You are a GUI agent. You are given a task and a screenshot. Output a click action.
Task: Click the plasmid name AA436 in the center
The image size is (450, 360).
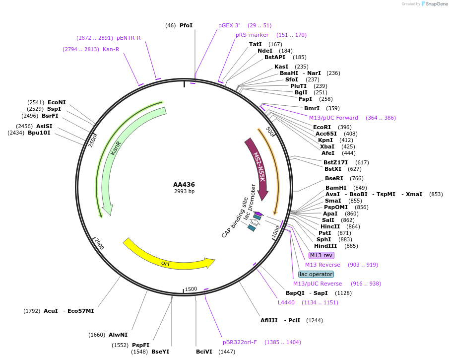[184, 185]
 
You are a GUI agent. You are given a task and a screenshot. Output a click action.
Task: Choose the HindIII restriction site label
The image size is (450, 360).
[325, 246]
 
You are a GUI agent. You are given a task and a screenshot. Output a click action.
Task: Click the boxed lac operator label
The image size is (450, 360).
[316, 274]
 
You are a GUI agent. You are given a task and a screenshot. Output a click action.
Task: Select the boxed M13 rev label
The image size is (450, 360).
[321, 255]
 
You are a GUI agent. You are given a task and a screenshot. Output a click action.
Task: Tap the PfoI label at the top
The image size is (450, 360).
[186, 25]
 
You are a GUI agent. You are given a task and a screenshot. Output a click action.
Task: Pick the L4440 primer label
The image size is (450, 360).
[286, 302]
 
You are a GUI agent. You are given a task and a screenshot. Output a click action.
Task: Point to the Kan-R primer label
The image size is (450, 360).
[111, 49]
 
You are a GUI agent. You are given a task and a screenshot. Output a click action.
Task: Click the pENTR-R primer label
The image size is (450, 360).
[129, 38]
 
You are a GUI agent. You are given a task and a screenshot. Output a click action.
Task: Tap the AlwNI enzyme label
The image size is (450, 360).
[118, 335]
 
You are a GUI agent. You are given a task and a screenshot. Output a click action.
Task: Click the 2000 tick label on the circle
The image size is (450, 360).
[99, 244]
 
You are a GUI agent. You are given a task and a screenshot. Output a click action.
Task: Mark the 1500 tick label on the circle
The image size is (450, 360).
[191, 289]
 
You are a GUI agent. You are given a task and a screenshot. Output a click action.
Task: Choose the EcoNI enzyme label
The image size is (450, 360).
[57, 102]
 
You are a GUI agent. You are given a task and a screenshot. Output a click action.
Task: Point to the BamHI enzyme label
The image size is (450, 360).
[336, 188]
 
